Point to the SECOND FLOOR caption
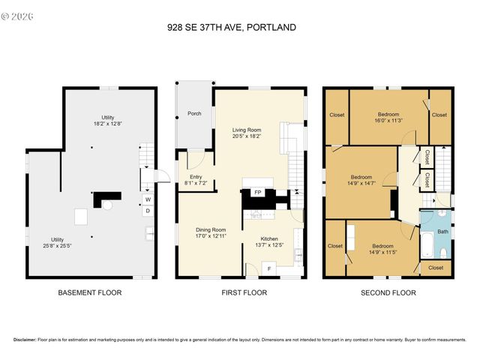click(x=388, y=292)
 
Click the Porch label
click(x=194, y=114)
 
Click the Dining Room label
click(x=211, y=230)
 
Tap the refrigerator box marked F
click(x=270, y=268)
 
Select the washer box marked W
click(x=147, y=200)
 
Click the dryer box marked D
click(x=147, y=211)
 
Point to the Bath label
click(x=442, y=232)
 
